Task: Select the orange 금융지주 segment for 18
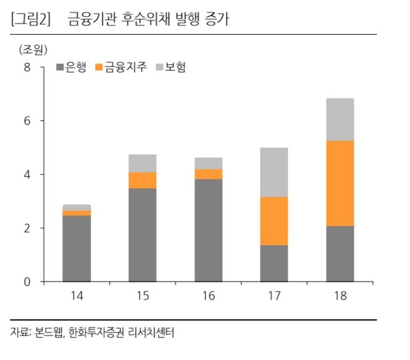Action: pos(340,183)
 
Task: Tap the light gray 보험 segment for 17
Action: pos(274,172)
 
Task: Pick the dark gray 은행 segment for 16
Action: pos(208,230)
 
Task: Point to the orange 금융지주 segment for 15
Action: pos(142,180)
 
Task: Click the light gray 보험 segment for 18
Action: pos(340,120)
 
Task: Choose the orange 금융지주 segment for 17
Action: pos(274,221)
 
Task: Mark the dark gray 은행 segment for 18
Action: pos(340,254)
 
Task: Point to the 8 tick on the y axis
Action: pos(27,67)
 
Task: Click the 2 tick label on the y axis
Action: pos(27,228)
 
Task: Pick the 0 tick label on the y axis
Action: pos(27,282)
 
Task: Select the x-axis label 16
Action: pos(208,296)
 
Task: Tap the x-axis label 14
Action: pos(77,296)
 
